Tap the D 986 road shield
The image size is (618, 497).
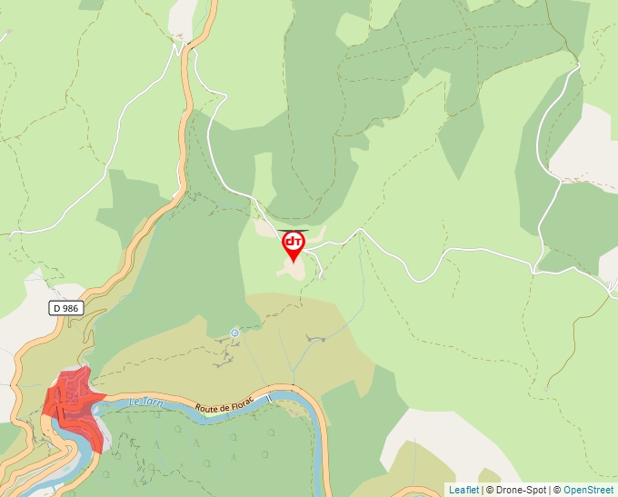tap(66, 308)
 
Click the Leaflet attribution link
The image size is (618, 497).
tap(463, 490)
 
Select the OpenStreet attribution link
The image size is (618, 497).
tap(590, 490)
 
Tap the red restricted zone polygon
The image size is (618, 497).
tap(73, 400)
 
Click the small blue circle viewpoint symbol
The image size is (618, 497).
tap(234, 333)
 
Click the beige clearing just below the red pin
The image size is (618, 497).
tap(293, 271)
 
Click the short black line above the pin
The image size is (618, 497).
tap(294, 229)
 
